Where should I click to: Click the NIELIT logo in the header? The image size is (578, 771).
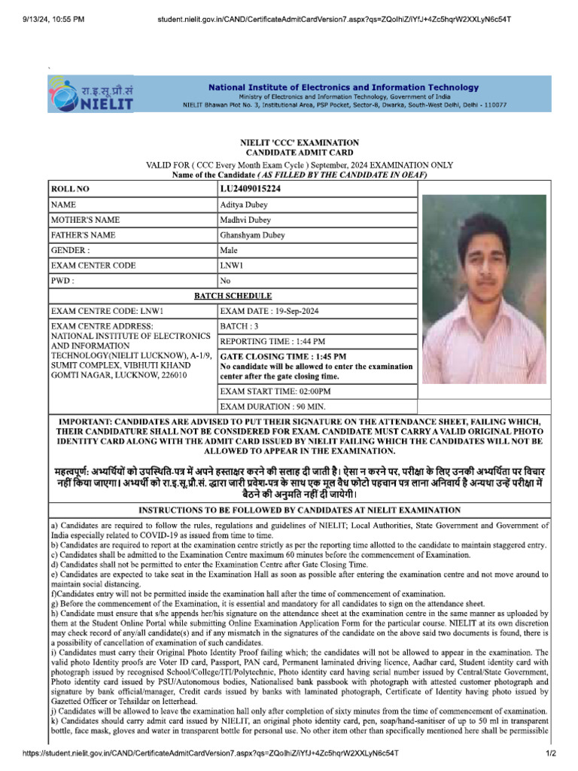90,95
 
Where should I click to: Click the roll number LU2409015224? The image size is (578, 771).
251,188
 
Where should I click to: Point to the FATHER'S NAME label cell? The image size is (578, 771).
83,235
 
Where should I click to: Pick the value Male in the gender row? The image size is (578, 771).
229,250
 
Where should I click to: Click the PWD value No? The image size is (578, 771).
225,281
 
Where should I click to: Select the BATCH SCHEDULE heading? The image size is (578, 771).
233,296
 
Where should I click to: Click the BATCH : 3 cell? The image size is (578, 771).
239,326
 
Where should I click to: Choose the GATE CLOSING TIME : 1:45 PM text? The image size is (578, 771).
283,356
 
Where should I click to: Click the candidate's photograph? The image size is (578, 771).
484,289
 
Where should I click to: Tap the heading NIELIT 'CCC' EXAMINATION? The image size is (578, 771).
299,142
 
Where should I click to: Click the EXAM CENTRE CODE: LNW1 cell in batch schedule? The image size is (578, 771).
107,311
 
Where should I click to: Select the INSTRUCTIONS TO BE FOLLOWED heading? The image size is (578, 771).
300,510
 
